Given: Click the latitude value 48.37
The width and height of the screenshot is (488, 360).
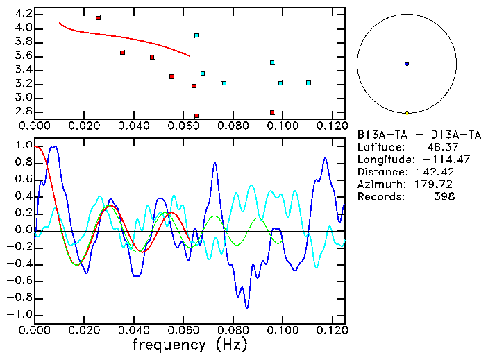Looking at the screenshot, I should [441, 146].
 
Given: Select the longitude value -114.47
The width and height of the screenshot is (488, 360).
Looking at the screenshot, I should [435, 159].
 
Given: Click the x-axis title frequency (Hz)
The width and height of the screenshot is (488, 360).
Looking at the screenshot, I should [190, 344].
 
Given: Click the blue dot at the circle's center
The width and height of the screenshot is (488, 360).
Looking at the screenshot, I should [407, 64].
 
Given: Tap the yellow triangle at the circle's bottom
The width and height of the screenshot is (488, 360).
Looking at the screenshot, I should [407, 112].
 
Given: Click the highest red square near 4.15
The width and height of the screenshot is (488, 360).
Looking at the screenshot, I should [98, 18].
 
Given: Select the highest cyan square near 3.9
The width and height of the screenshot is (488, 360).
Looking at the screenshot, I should [196, 35].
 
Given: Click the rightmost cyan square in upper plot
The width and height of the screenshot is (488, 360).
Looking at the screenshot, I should [308, 83].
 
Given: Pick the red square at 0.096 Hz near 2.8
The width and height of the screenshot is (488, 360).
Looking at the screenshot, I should [272, 112].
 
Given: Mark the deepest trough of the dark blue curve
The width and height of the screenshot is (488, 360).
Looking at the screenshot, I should [247, 307].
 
